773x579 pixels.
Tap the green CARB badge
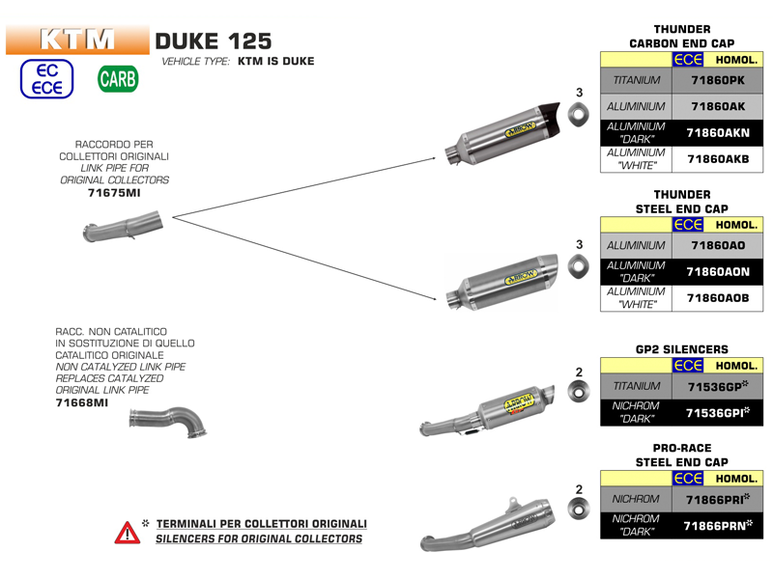118,80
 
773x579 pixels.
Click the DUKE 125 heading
214,41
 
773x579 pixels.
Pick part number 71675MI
115,194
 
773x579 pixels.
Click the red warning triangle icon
127,532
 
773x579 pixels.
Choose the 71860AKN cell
717,132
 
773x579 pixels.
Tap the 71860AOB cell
717,298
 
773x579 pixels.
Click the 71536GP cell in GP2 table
717,386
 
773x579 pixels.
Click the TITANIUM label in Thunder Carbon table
636,81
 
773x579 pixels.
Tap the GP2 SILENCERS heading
682,348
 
